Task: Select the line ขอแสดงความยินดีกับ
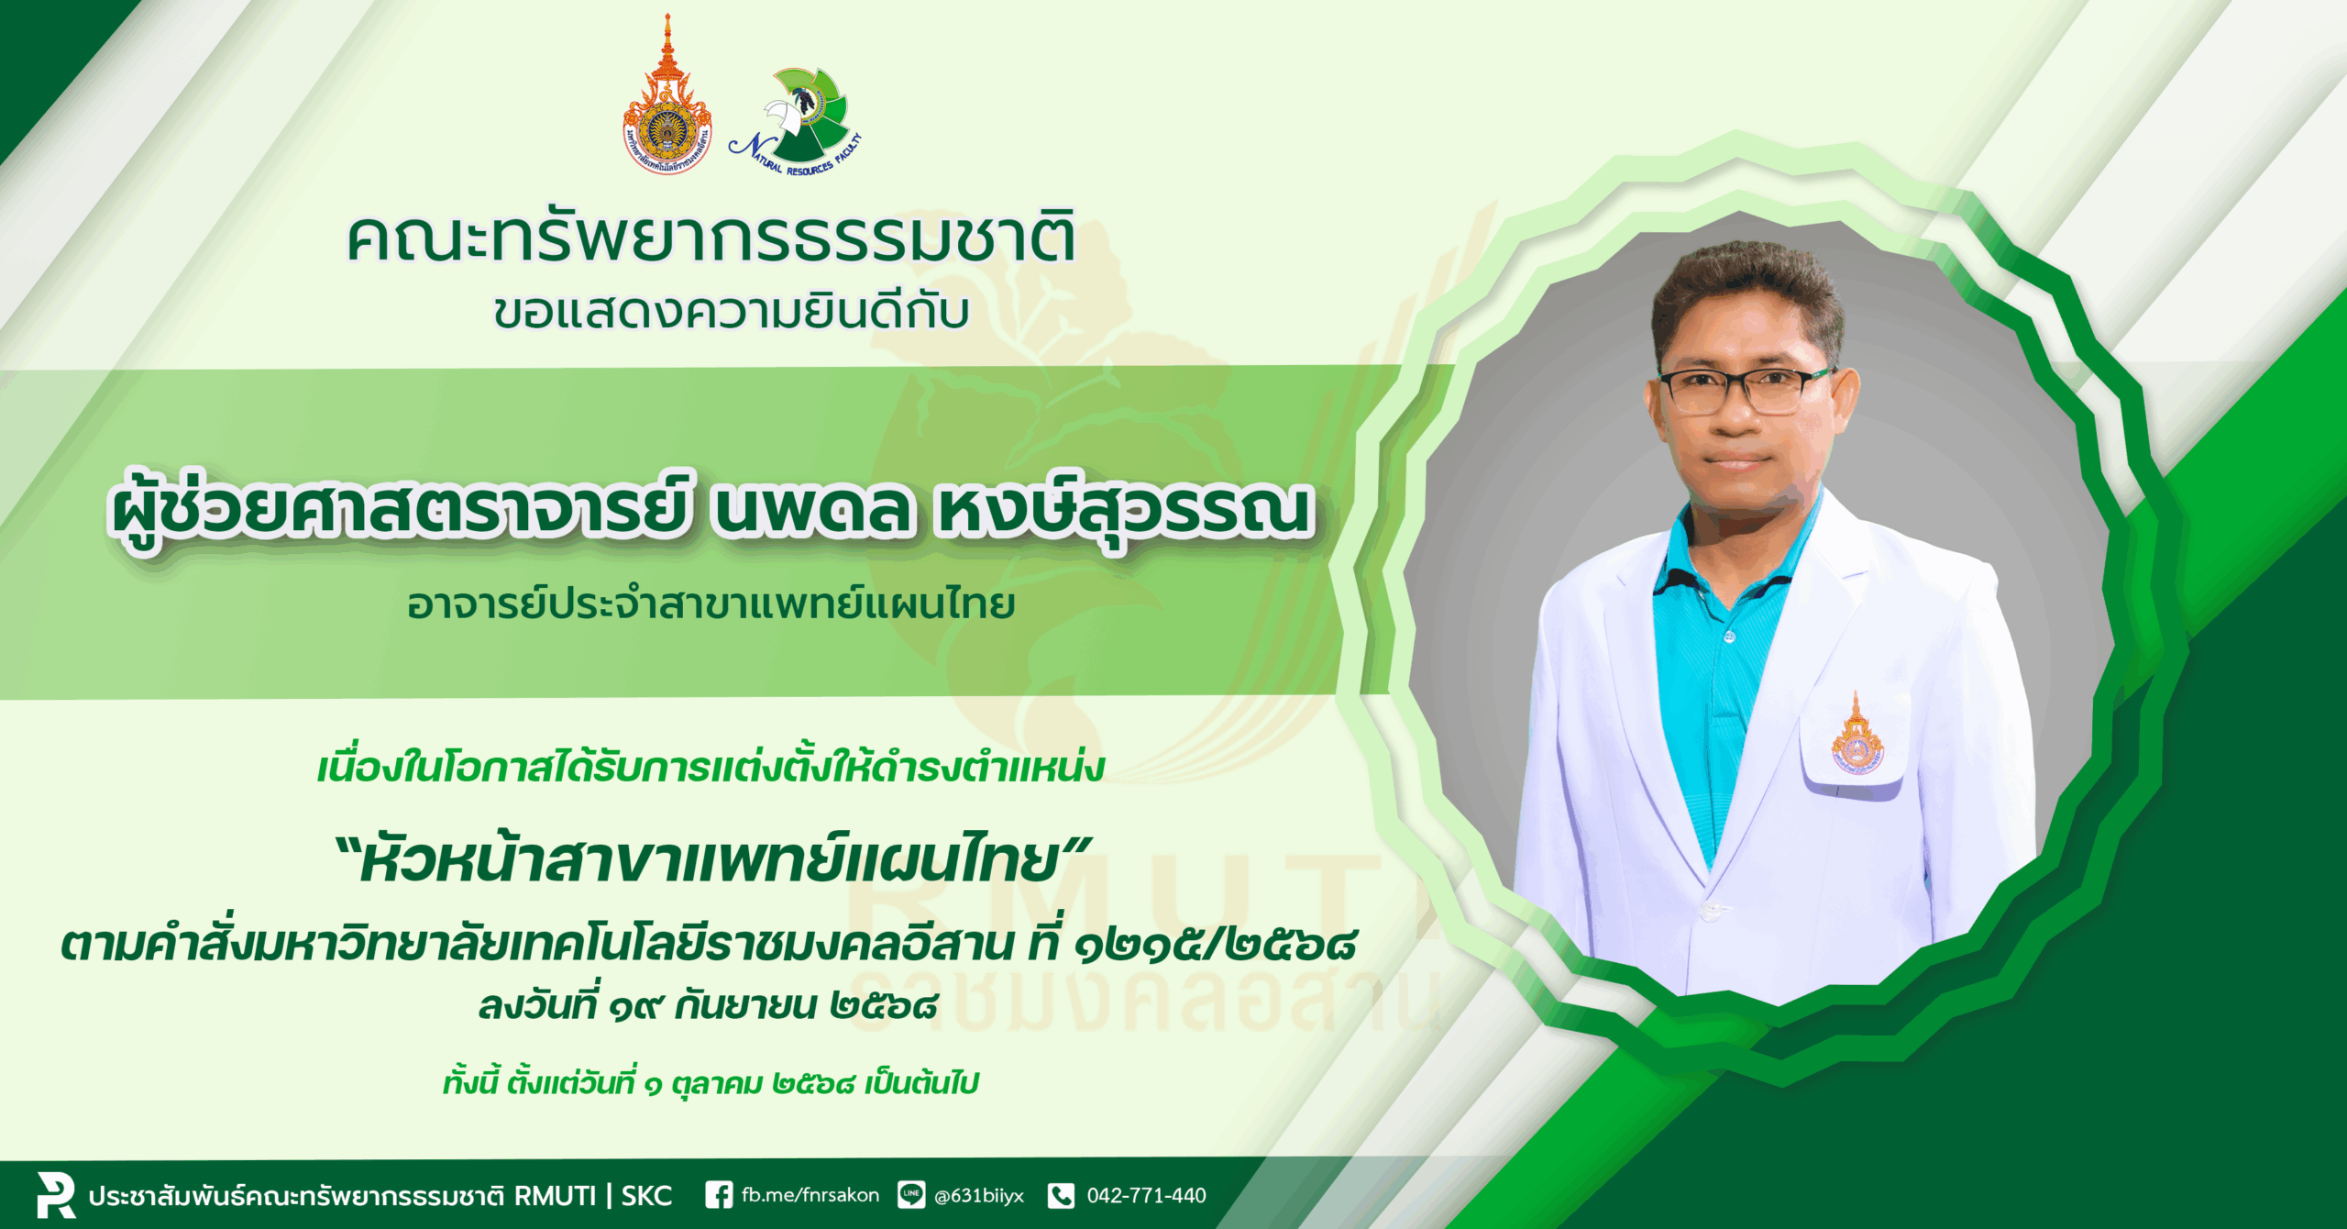click(731, 311)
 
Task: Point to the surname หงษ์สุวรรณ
click(1124, 510)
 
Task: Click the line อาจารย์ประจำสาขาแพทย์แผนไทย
click(711, 603)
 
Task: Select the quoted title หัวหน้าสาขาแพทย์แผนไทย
click(711, 861)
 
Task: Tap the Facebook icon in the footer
click(719, 1195)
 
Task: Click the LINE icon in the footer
click(910, 1195)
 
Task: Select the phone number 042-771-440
click(1146, 1195)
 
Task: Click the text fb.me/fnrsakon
click(810, 1195)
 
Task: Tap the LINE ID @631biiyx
click(978, 1196)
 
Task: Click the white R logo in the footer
click(56, 1194)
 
